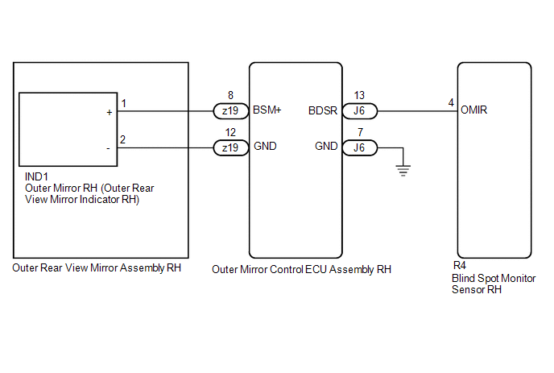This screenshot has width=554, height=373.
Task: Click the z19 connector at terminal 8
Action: point(230,111)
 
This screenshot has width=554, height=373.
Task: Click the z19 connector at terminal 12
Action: point(230,147)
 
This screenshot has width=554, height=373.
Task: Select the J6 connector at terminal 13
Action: point(359,111)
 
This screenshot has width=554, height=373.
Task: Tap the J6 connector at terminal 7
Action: point(359,147)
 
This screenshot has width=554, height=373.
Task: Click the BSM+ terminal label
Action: point(267,111)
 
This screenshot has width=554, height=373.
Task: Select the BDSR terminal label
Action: point(323,111)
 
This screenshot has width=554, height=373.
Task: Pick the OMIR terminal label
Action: point(474,111)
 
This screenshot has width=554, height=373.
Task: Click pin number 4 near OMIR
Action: point(451,103)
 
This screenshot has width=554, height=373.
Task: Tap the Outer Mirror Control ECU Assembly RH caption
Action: point(301,270)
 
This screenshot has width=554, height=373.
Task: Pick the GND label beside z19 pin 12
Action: point(265,147)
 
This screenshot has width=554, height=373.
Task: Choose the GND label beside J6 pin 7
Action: point(326,147)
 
